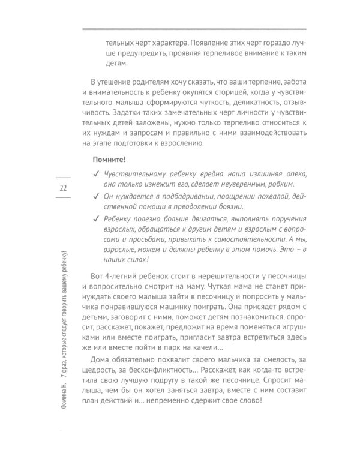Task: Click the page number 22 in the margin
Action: [x=62, y=189]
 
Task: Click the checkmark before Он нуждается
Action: [x=97, y=197]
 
